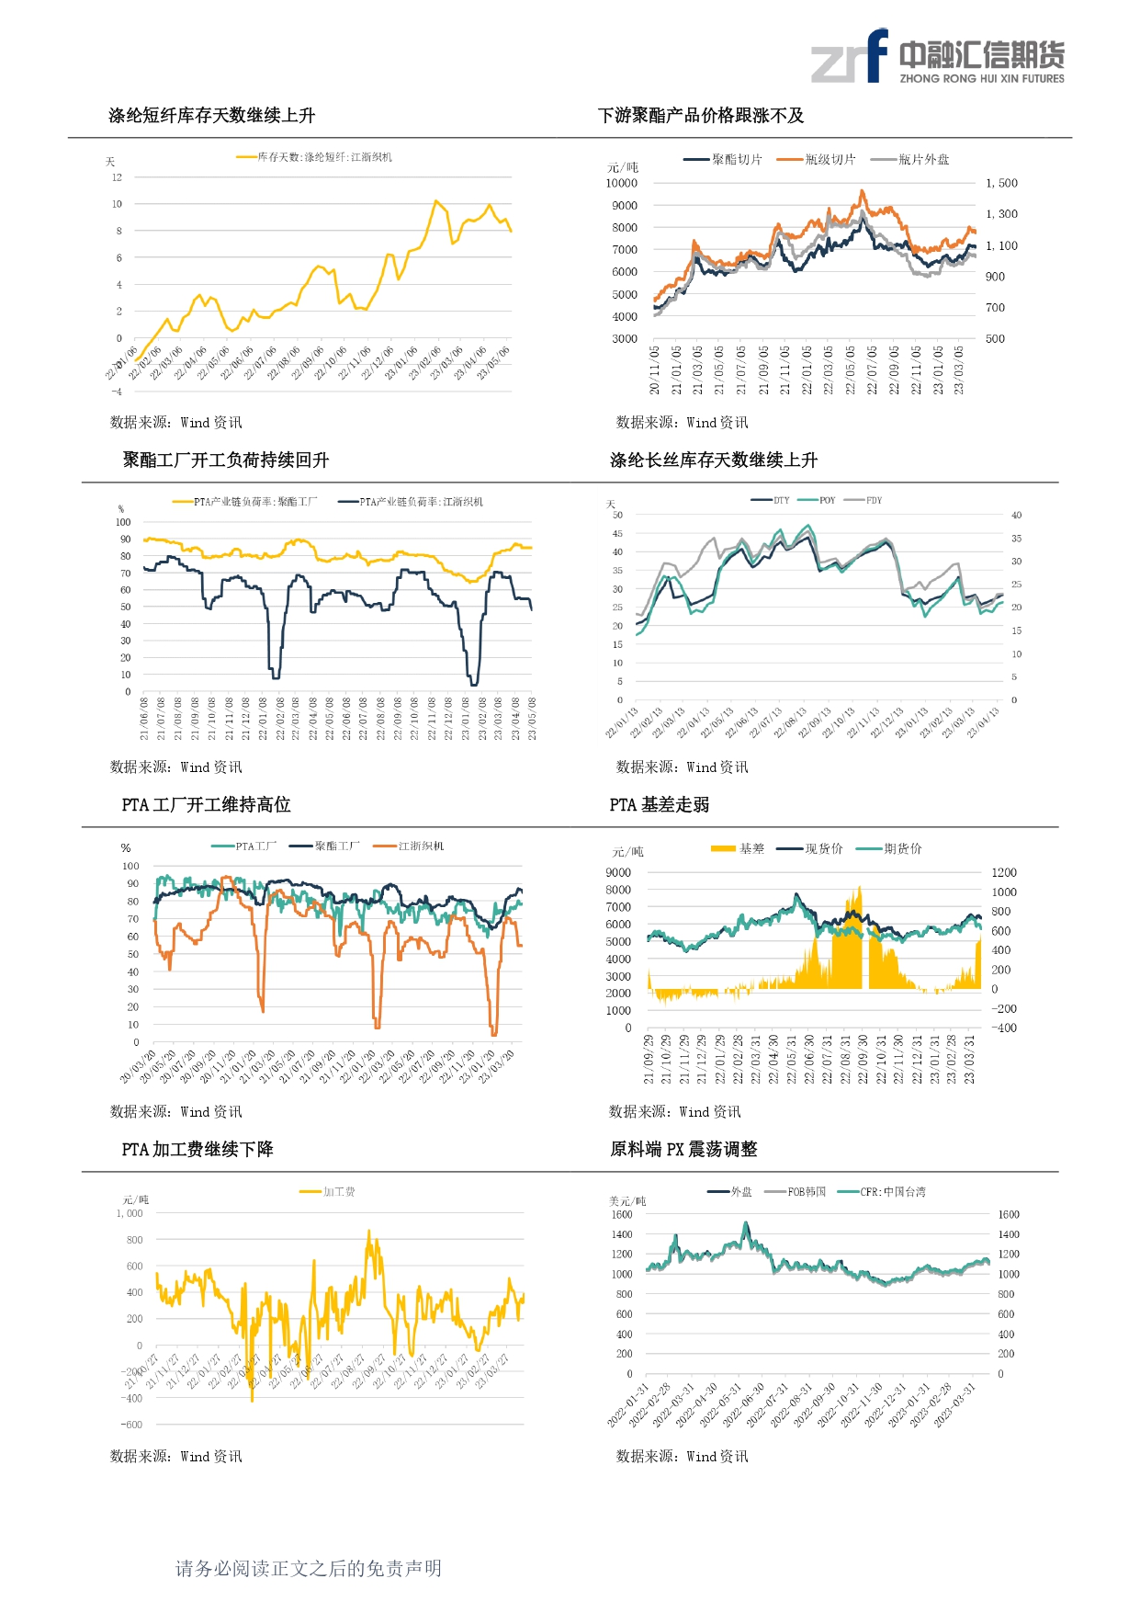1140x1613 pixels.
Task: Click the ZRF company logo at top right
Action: coord(937,57)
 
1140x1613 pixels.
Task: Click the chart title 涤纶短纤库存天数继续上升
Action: coord(211,116)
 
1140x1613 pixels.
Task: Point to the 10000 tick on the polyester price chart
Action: coord(621,184)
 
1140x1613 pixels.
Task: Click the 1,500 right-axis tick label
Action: coord(1001,184)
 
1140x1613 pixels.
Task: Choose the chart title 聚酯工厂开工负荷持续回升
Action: coord(226,460)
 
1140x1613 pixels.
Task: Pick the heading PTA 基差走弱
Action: coord(660,805)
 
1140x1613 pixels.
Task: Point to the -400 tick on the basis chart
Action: coord(1005,1028)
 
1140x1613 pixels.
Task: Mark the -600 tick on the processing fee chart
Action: coord(132,1426)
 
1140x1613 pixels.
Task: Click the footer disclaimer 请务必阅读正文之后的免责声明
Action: coord(309,1569)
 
